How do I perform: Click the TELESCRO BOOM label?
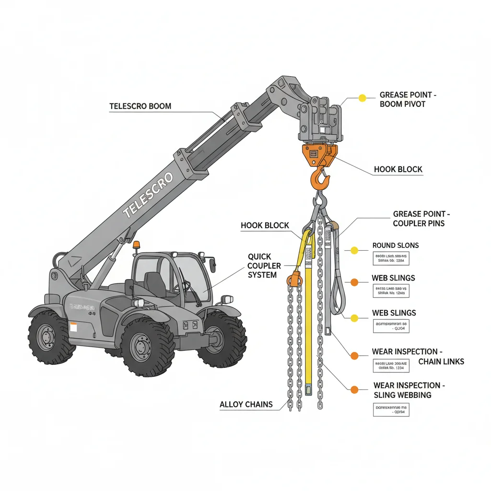coord(140,106)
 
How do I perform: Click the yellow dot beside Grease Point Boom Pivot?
coord(362,98)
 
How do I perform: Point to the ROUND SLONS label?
coord(395,245)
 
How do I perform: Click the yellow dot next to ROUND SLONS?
coord(354,250)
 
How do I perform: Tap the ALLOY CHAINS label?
coord(246,404)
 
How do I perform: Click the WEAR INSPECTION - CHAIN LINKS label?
coord(418,356)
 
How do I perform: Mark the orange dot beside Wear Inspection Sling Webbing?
coord(354,390)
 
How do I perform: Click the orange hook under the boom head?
coord(320,179)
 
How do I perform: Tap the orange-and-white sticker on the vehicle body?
coord(73,327)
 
